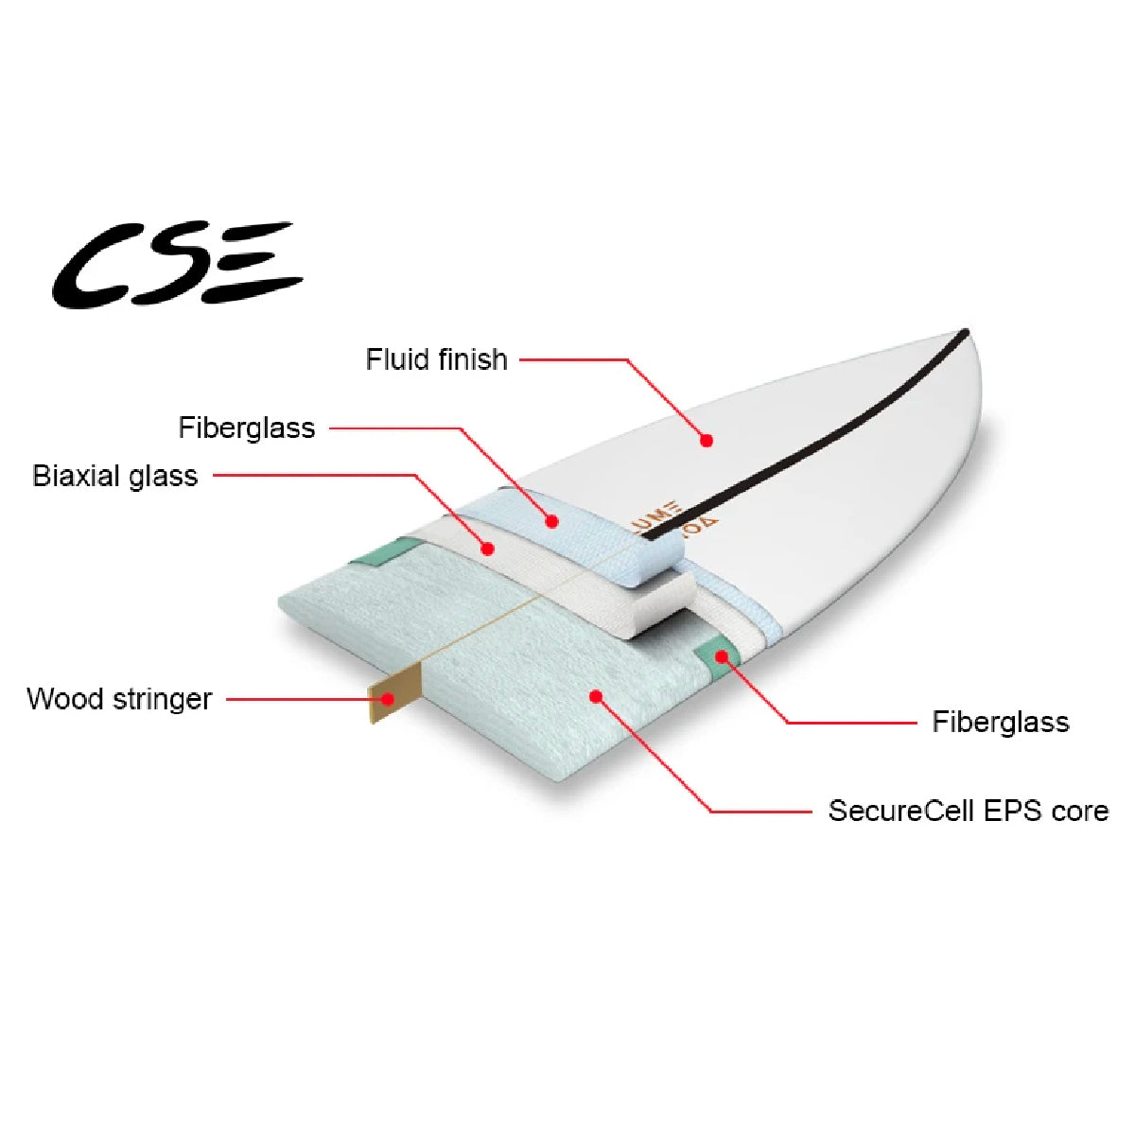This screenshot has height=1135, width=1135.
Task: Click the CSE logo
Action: coord(177,265)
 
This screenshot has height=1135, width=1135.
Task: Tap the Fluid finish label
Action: coord(436,359)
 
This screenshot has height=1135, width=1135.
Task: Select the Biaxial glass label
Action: coord(115,475)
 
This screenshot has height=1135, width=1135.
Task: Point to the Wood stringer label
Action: coord(119,699)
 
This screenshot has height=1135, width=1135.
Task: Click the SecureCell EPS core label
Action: coord(968,811)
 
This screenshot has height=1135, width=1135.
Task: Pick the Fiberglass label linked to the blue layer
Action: coord(246,428)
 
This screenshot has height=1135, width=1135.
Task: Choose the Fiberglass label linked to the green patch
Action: coord(1000,722)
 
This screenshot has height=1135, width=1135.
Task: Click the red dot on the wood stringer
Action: coord(388,699)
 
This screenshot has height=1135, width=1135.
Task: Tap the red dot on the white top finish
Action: coord(707,440)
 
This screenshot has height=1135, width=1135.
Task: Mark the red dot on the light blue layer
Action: coord(552,520)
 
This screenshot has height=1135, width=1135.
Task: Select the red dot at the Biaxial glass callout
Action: coord(488,548)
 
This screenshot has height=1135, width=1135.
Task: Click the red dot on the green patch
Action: coord(722,655)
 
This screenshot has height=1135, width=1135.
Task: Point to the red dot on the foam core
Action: coord(596,697)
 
